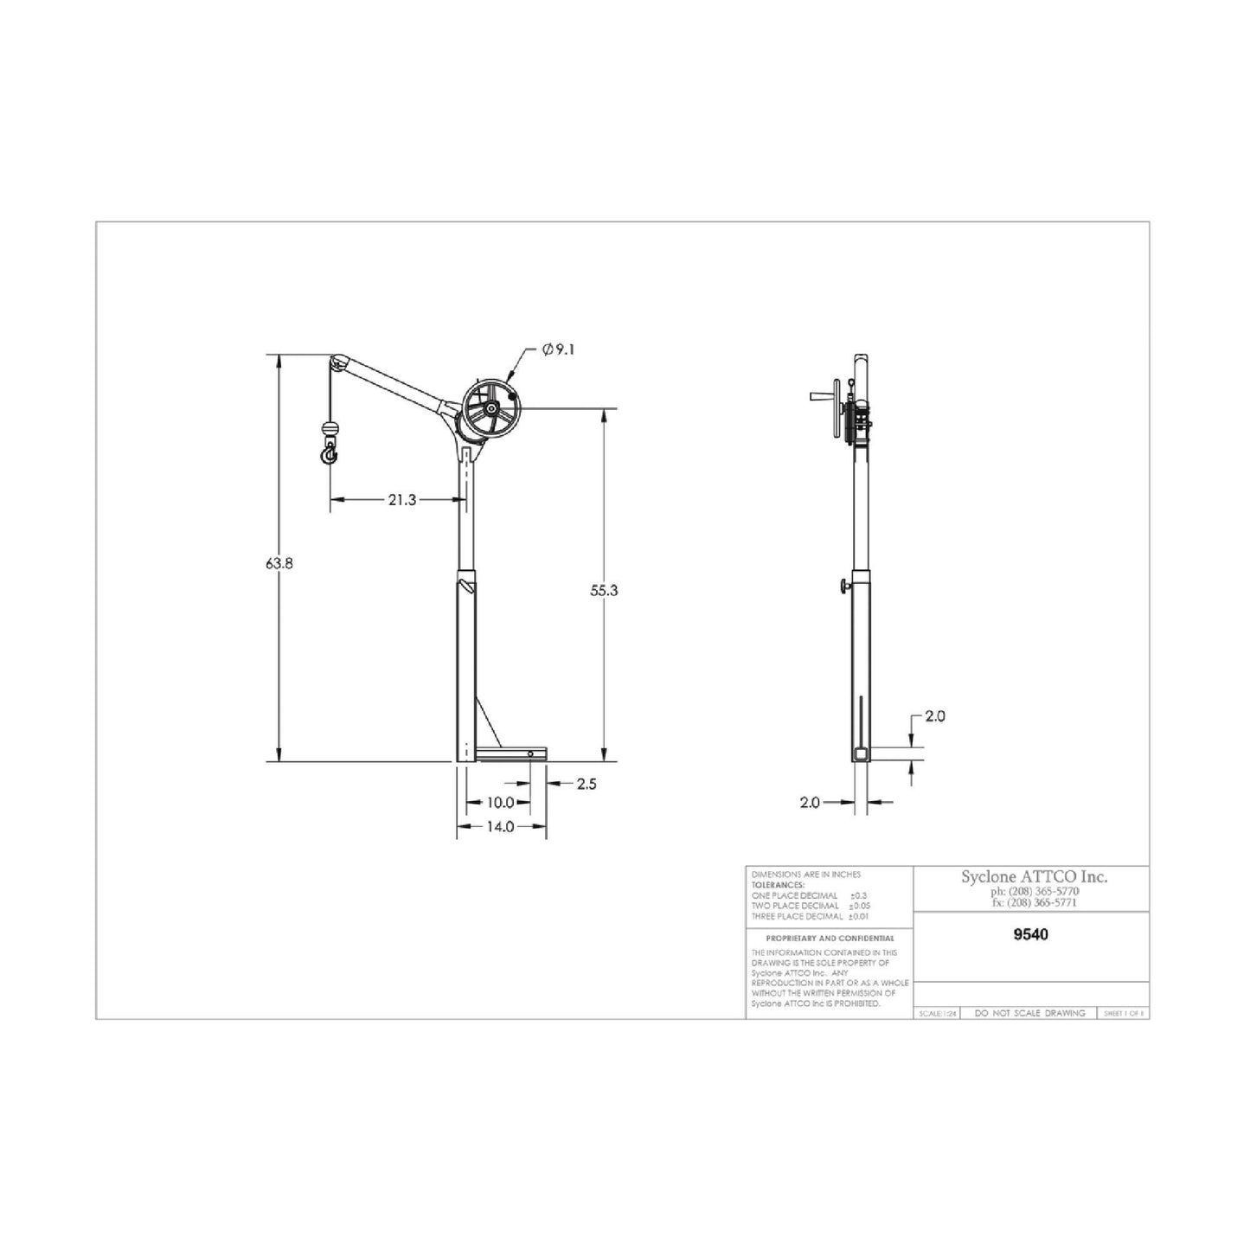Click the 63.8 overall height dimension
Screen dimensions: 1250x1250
[x=279, y=563]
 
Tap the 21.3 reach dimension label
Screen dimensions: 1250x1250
[x=402, y=499]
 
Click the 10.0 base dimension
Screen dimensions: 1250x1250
[x=500, y=803]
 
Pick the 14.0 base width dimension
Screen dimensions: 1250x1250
[x=500, y=826]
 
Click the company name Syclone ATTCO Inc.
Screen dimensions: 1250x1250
[x=1034, y=876]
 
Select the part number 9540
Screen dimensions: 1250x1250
[x=1030, y=934]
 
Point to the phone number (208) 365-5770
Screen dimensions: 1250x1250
[x=1035, y=891]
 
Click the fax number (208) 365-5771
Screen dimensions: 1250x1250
[x=1035, y=902]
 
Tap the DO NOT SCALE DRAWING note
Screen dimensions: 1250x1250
[x=1029, y=1013]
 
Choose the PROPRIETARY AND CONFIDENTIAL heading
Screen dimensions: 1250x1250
[x=830, y=938]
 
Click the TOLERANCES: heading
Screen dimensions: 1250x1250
[x=779, y=885]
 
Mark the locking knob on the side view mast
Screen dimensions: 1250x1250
[x=843, y=588]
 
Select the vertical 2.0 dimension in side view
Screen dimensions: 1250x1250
[x=934, y=716]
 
